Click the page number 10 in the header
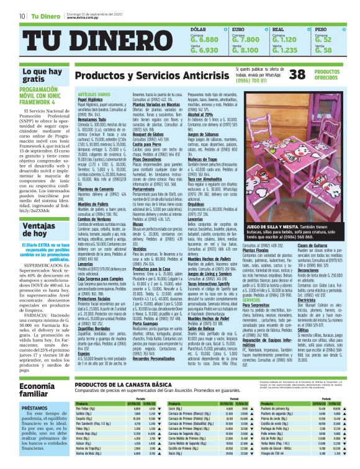point(22,16)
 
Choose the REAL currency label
point(280,29)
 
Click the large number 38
point(299,74)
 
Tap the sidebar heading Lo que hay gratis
point(38,76)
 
